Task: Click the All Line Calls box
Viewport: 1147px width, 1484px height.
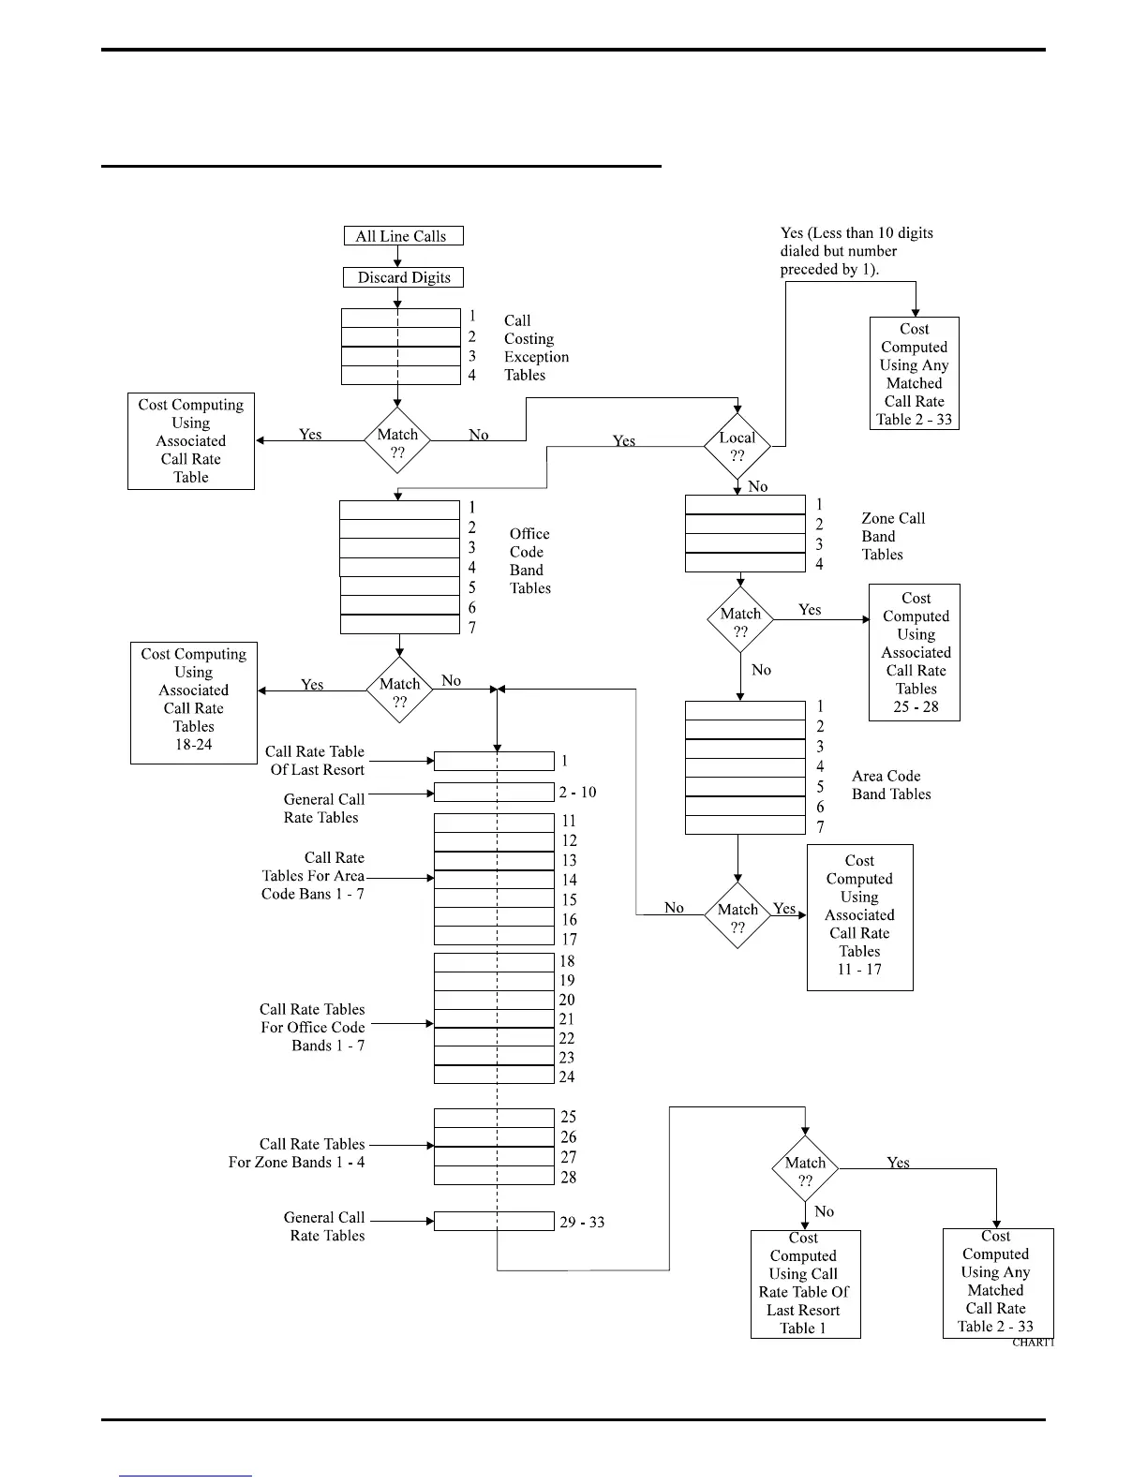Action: (403, 236)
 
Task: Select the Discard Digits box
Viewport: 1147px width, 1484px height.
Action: (403, 277)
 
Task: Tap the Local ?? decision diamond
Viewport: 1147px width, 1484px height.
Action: (737, 447)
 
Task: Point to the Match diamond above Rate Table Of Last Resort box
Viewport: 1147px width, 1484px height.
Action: (805, 1170)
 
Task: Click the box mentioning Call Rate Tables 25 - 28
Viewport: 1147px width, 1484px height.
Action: (915, 652)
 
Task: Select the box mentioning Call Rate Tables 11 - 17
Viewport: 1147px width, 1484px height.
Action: (859, 916)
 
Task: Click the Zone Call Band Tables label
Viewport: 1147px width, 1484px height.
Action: (892, 536)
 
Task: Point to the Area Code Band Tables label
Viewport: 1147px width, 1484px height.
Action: (891, 785)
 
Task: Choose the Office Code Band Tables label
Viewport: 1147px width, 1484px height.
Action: (529, 560)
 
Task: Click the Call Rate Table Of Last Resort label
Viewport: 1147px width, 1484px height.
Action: (315, 761)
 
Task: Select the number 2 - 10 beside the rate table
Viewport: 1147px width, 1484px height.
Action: (577, 793)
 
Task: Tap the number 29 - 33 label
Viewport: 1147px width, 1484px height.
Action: (582, 1223)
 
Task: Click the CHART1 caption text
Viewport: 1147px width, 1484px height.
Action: (1033, 1343)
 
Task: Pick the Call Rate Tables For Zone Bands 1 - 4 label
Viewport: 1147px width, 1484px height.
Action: (298, 1153)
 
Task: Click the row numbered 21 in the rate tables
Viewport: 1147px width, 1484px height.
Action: (494, 1019)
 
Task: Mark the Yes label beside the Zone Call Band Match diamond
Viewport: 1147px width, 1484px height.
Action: (810, 610)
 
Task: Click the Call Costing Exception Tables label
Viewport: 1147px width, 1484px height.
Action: (536, 348)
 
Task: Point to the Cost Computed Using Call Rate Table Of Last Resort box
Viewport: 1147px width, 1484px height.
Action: (805, 1284)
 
